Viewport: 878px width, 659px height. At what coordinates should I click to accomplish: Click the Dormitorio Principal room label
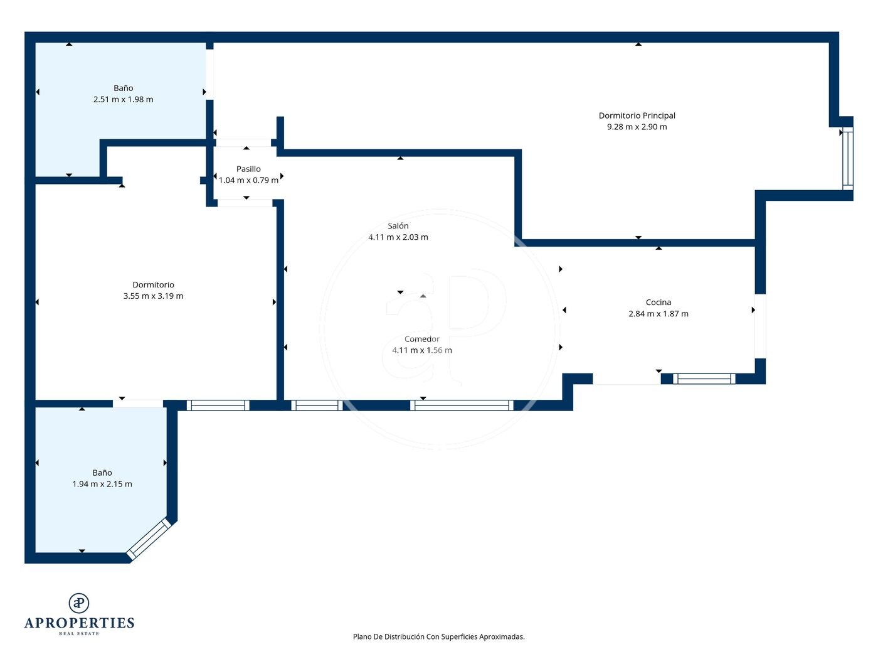(x=637, y=115)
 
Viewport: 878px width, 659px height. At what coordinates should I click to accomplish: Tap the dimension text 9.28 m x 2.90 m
(x=637, y=127)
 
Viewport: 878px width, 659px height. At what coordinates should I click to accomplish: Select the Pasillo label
(x=248, y=169)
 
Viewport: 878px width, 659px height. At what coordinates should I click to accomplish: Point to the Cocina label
(x=658, y=303)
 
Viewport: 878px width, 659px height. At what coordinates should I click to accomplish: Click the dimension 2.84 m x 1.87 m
(x=658, y=314)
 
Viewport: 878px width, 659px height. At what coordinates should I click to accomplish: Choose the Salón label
(x=398, y=226)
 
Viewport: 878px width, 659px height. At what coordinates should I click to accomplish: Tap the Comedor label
(x=422, y=339)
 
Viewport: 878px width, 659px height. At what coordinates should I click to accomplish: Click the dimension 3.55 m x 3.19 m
(x=153, y=296)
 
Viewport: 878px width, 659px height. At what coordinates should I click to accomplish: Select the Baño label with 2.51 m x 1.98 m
(x=123, y=88)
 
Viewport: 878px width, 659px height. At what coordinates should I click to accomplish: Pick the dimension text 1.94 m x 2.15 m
(x=102, y=484)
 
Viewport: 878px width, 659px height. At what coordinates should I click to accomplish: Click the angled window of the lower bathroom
(x=149, y=539)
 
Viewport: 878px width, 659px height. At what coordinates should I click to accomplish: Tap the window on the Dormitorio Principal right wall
(x=848, y=158)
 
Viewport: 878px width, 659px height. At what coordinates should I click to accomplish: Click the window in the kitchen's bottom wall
(x=704, y=378)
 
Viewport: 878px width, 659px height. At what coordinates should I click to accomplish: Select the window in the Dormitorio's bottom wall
(x=218, y=405)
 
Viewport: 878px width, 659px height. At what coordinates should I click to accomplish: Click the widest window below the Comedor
(x=462, y=405)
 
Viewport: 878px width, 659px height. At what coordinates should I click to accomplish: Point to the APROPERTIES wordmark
(x=79, y=623)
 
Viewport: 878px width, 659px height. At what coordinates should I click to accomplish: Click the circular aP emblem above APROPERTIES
(x=79, y=603)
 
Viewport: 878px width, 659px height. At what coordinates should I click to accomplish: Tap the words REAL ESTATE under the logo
(x=79, y=634)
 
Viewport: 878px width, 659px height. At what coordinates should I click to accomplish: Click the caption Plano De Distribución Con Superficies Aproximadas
(x=439, y=636)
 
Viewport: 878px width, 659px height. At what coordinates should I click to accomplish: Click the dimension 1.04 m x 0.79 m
(x=248, y=180)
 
